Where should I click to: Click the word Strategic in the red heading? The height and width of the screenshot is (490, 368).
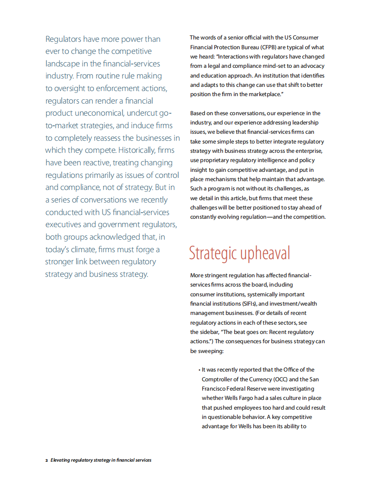pyautogui.click(x=213, y=253)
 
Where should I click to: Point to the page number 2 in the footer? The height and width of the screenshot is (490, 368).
pyautogui.click(x=46, y=460)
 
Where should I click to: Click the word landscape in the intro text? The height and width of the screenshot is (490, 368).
pyautogui.click(x=65, y=64)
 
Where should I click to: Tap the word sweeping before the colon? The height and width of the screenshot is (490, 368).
pyautogui.click(x=212, y=351)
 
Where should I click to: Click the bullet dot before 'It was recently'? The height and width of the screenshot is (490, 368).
pyautogui.click(x=199, y=370)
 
